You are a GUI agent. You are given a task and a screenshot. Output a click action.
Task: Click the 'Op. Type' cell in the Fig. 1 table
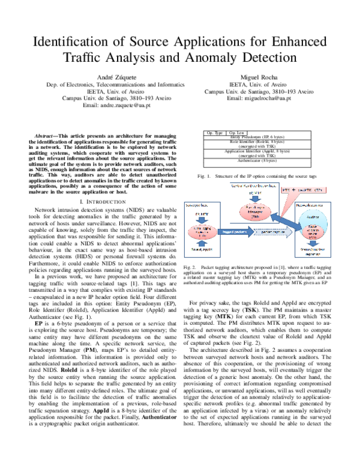[214, 132]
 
